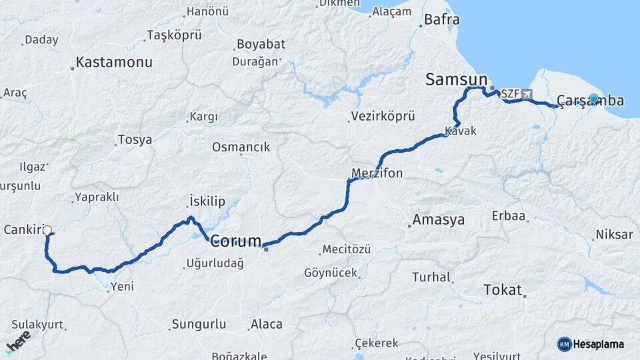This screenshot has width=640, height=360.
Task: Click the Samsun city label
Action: coord(457,79)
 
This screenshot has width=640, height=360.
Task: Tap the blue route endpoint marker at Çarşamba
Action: coord(593,99)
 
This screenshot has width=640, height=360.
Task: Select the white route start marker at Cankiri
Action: coord(47,231)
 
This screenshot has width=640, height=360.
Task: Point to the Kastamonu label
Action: coord(114,62)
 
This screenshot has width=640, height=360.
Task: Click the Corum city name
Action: coord(235,241)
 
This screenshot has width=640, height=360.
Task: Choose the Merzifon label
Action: coord(377,173)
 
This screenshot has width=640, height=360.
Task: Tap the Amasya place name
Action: coord(438,219)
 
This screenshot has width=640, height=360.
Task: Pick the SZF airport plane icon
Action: coord(527,94)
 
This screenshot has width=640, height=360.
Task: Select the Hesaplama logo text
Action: coord(598,344)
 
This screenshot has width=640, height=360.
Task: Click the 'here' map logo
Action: coord(19,341)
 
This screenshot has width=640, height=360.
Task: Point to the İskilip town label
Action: coord(207,201)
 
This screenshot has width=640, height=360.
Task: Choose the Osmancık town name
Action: coord(241,147)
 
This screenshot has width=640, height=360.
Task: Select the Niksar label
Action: coord(614,235)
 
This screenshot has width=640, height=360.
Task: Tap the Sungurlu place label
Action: coord(200,325)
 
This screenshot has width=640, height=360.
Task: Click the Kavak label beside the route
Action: coord(461,131)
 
